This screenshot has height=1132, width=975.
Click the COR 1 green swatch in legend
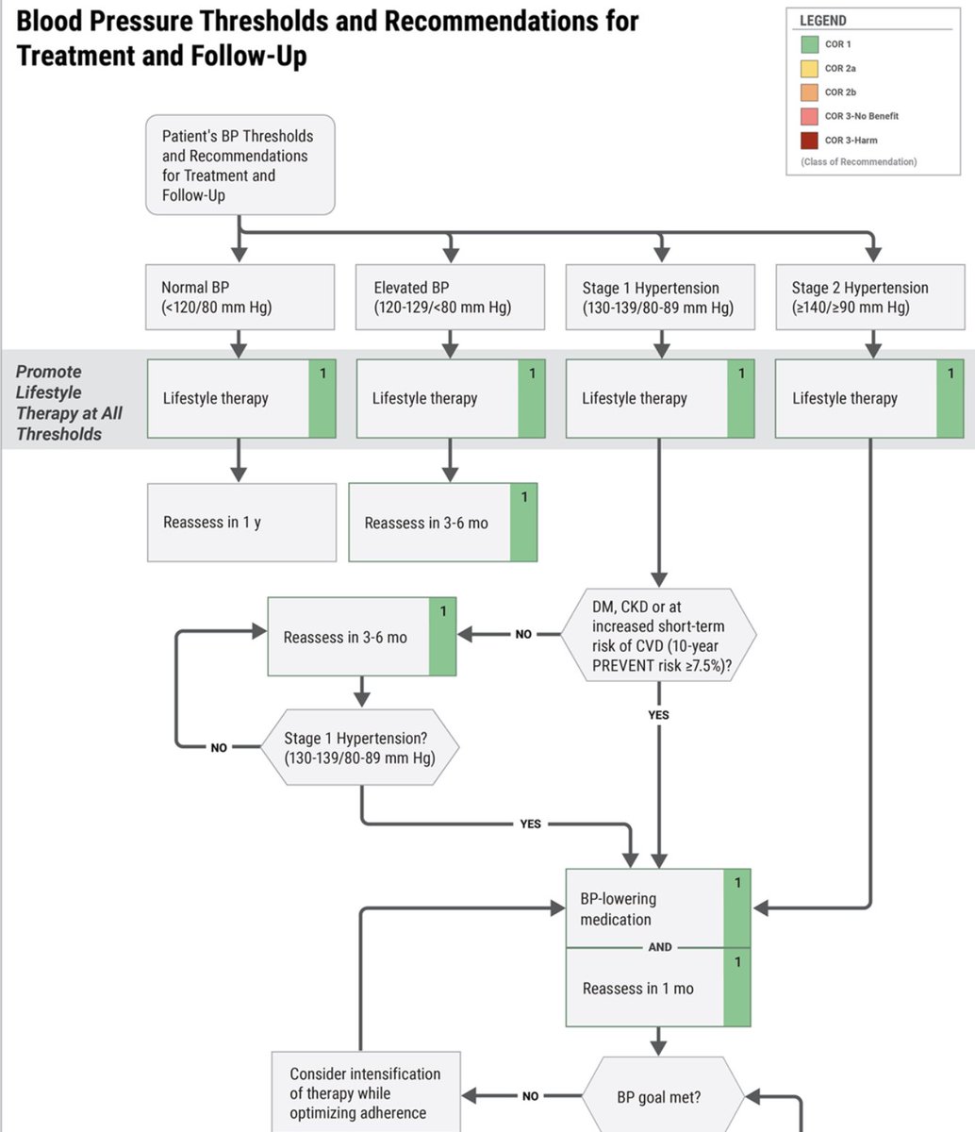[x=808, y=44]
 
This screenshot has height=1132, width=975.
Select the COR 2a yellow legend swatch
[x=808, y=68]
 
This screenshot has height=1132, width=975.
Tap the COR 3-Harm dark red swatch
[x=808, y=141]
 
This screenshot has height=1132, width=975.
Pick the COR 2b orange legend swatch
[x=808, y=92]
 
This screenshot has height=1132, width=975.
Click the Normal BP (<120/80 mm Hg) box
[x=240, y=297]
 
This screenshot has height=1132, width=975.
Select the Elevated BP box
[x=450, y=297]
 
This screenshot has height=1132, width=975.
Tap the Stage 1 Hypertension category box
[x=659, y=297]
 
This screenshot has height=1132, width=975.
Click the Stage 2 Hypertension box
[x=869, y=297]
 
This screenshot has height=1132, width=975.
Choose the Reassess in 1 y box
[x=241, y=523]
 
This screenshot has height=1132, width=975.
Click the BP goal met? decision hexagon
[x=659, y=1097]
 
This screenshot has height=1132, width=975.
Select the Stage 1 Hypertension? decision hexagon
[x=359, y=747]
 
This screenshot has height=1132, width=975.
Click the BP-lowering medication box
[x=645, y=908]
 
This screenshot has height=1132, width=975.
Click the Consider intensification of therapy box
[x=366, y=1092]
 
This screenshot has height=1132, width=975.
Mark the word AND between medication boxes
[x=660, y=947]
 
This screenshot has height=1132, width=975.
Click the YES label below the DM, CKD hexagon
[x=658, y=715]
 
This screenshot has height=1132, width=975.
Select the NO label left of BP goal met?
[x=530, y=1096]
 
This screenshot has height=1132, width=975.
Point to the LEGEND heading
[x=822, y=21]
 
